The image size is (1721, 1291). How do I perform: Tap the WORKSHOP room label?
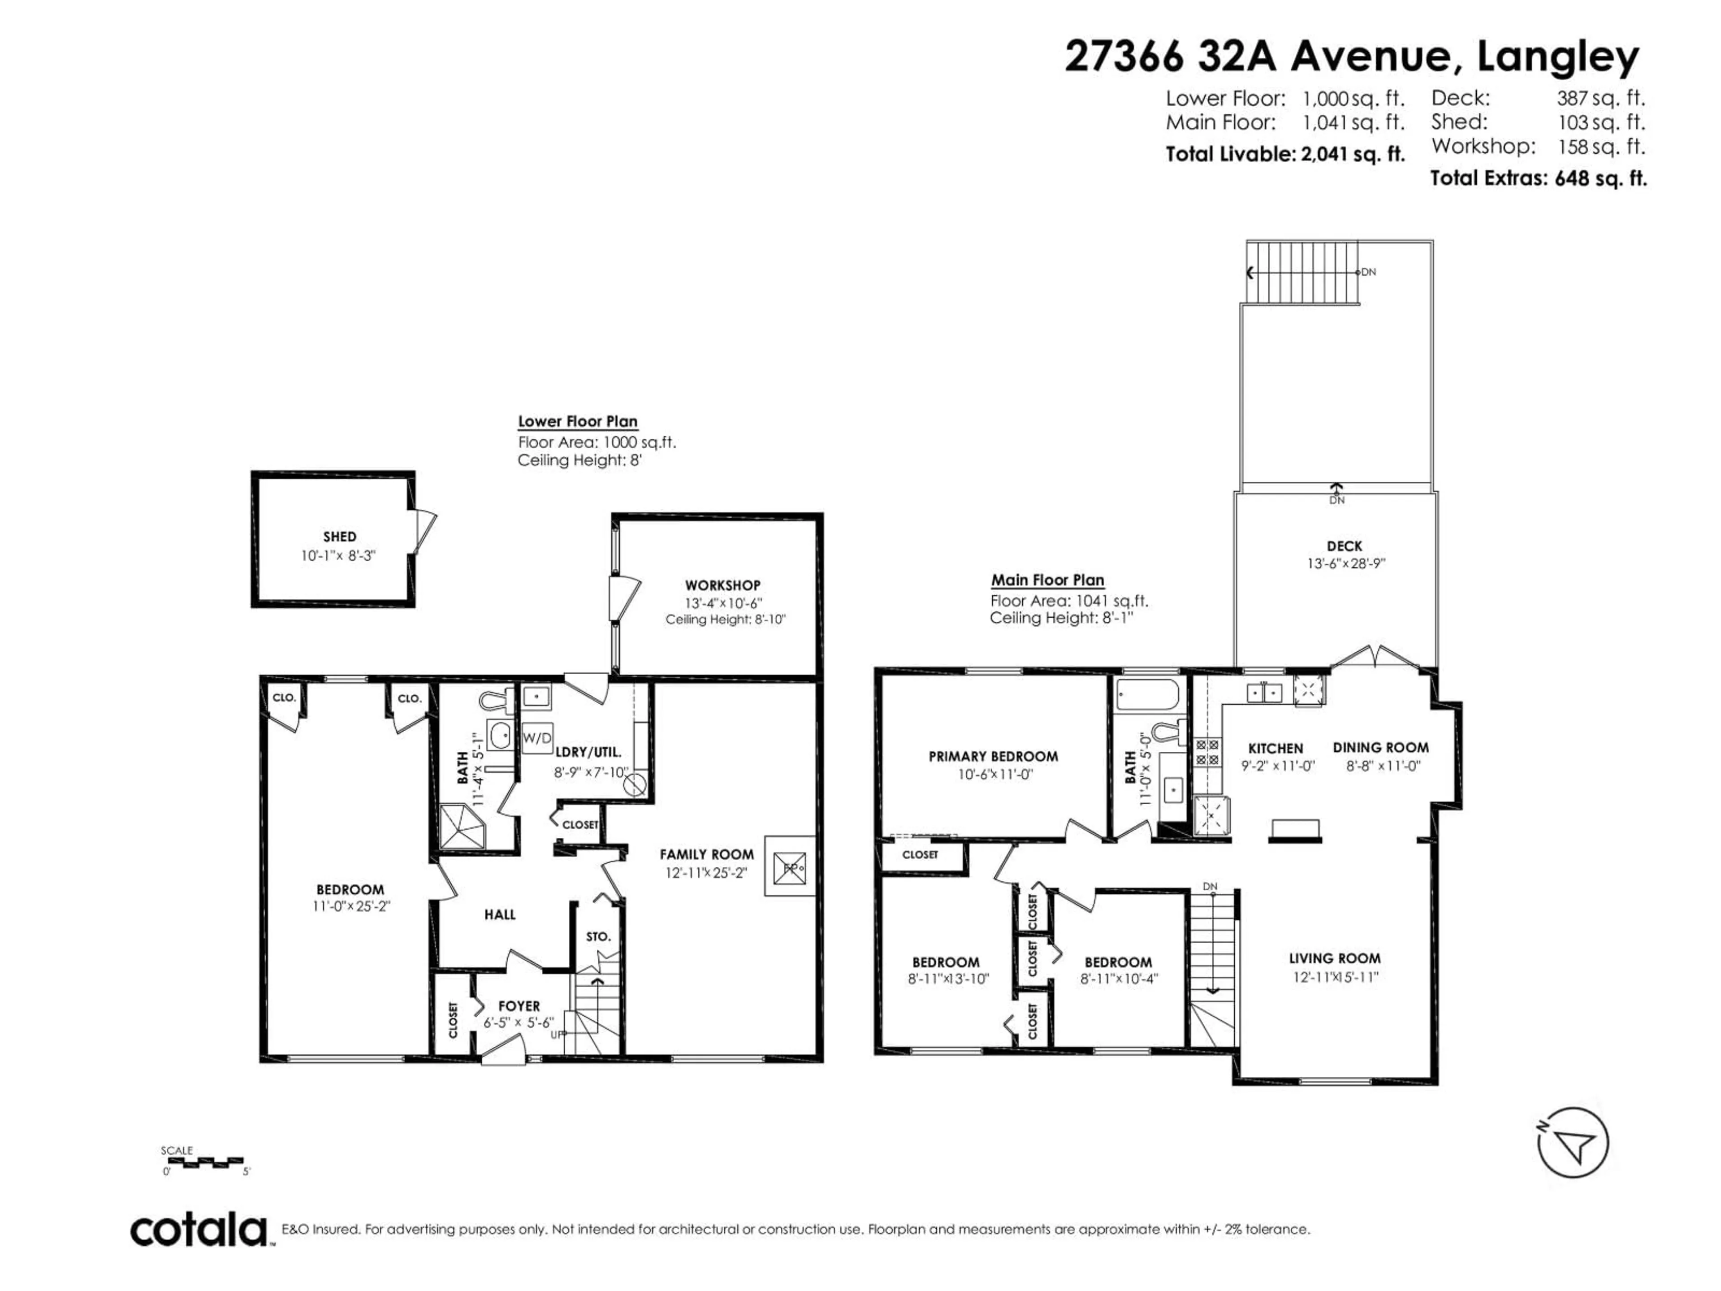tap(722, 585)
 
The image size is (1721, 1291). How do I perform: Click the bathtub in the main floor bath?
tap(1147, 695)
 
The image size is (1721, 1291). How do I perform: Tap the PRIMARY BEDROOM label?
tap(993, 756)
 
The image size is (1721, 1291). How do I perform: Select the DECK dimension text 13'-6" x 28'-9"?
tap(1345, 563)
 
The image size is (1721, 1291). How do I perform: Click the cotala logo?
tap(199, 1230)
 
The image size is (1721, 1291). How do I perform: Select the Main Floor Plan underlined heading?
tap(1047, 580)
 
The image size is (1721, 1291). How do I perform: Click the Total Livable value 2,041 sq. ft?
tap(1352, 154)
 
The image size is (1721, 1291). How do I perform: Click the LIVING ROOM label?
tap(1334, 959)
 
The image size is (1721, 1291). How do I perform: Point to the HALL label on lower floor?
tap(500, 914)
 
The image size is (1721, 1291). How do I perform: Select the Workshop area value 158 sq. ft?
tap(1601, 146)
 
